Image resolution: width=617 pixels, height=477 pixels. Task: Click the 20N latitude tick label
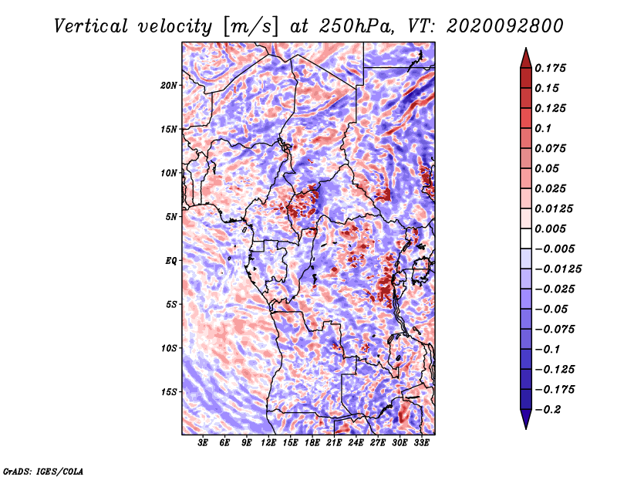[x=169, y=86]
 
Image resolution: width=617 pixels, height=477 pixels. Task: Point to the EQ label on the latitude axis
[x=171, y=261]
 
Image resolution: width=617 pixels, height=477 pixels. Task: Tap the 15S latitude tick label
[x=169, y=392]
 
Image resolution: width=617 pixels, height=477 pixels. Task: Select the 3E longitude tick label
[x=203, y=443]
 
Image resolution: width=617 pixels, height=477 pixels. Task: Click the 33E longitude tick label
[x=421, y=443]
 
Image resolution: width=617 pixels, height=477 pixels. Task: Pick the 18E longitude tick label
[x=312, y=443]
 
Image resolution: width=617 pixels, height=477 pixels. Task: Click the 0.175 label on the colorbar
[x=551, y=68]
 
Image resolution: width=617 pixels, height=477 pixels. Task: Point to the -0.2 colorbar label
[x=548, y=410]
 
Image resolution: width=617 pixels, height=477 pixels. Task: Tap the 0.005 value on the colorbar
[x=551, y=228]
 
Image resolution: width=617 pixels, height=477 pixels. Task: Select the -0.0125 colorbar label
[x=558, y=269]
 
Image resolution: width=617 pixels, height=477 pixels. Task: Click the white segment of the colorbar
[x=526, y=238]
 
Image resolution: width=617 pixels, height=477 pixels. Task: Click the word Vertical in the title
[x=91, y=26]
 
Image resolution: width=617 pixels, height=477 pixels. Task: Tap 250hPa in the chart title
[x=356, y=26]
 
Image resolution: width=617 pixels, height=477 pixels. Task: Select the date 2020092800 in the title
[x=505, y=26]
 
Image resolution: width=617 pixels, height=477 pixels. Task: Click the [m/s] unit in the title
[x=250, y=27]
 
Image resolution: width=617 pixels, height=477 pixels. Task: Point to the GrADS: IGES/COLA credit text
[x=43, y=471]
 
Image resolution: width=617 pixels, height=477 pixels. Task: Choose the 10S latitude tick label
[x=169, y=349]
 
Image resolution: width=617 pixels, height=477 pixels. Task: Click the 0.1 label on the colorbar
[x=543, y=128]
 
